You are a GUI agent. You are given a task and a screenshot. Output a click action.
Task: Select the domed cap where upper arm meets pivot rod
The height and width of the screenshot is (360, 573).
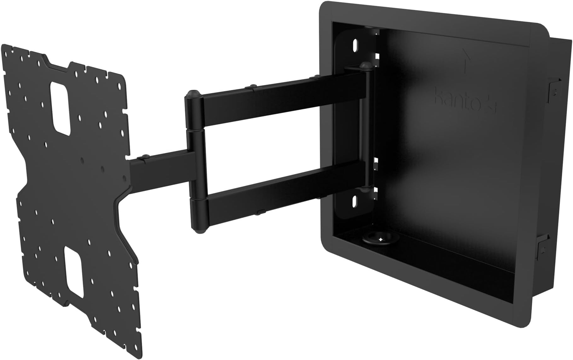pyautogui.click(x=365, y=65)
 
